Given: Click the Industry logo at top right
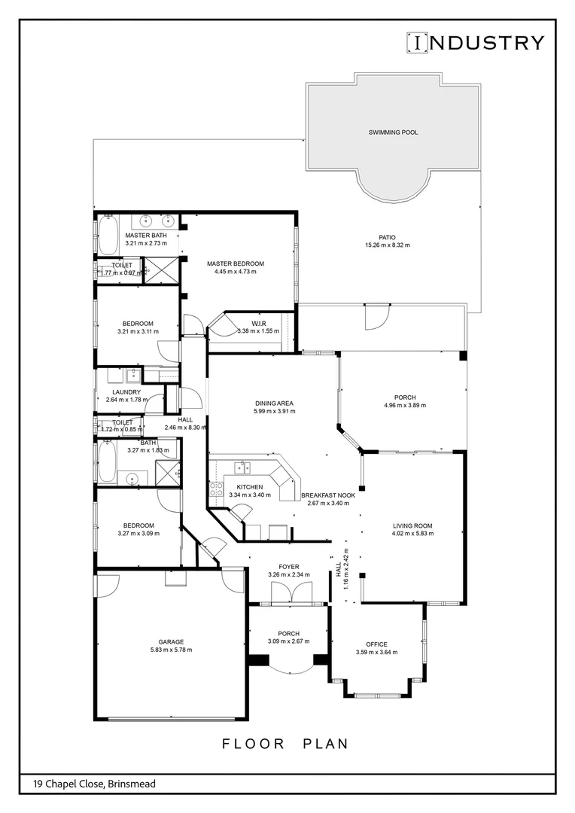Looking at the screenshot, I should tap(475, 42).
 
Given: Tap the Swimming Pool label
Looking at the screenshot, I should tap(393, 132).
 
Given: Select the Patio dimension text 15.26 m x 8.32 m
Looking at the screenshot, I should tap(387, 245).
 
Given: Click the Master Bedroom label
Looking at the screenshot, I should tap(236, 263).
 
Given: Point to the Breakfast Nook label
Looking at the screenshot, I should tap(328, 495).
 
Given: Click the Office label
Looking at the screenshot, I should tap(376, 644).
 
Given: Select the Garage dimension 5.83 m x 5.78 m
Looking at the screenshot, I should tap(170, 650).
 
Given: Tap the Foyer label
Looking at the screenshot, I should tap(288, 567).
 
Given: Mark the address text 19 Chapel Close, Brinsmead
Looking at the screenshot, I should tap(94, 784).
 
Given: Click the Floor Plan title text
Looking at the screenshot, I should tap(286, 744).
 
